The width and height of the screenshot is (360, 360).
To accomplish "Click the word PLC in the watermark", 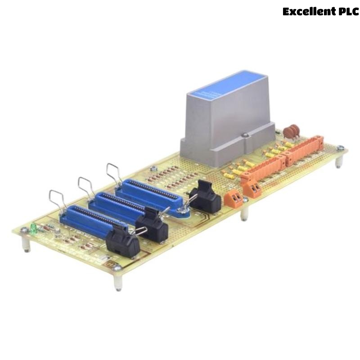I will [x=347, y=12].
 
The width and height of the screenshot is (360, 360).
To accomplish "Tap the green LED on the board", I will [x=33, y=229].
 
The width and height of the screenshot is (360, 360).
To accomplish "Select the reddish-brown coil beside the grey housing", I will [x=292, y=131].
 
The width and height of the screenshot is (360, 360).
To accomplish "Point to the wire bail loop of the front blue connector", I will [x=58, y=200].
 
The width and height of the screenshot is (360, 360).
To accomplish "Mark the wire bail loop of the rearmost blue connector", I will [x=113, y=173].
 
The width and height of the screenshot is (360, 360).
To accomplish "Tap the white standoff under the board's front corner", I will [x=118, y=281].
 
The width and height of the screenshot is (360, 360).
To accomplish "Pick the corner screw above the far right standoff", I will [x=341, y=148].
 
